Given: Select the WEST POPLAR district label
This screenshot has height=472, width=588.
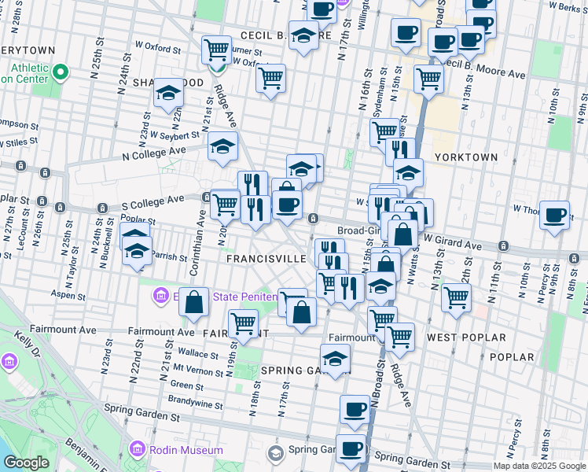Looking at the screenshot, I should [466, 337].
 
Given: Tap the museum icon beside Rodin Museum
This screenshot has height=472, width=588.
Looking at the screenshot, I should [137, 449].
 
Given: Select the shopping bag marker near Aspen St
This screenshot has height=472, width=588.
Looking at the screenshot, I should [194, 302].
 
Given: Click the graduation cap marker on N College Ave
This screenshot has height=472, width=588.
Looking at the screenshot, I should [222, 146].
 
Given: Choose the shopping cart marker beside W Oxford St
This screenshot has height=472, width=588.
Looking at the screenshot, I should [216, 50].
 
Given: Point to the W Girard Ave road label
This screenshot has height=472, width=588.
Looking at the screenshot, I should [453, 245].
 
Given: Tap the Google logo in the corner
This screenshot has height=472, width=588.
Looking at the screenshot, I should [26, 463].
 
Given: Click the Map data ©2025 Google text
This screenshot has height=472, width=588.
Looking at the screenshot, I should [538, 466].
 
